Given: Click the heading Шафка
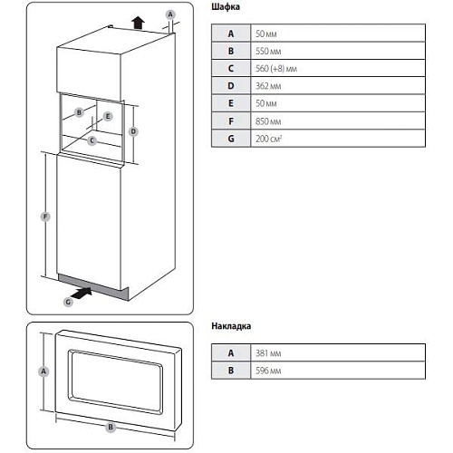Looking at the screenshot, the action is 226,7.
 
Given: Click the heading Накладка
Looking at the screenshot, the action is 231,326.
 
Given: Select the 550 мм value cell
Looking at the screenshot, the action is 268,51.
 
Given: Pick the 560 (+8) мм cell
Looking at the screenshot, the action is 276,69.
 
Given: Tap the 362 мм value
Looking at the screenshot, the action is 268,86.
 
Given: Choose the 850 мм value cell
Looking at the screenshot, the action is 268,121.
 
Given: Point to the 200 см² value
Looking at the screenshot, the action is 268,139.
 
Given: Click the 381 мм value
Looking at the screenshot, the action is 268,353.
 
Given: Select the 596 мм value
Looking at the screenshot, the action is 268,371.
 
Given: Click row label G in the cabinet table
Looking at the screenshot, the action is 231,139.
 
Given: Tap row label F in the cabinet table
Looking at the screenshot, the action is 231,121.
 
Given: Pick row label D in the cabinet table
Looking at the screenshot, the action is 231,86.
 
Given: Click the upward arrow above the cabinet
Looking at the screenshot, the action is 139,23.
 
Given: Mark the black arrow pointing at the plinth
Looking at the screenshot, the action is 82,293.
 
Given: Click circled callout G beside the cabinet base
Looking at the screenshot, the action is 68,302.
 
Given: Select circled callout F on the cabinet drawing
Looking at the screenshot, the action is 45,217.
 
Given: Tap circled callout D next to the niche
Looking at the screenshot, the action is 133,131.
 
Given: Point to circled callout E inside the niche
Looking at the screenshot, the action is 108,116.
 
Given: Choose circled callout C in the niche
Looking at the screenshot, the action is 92,140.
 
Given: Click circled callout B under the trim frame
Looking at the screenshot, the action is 111,428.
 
